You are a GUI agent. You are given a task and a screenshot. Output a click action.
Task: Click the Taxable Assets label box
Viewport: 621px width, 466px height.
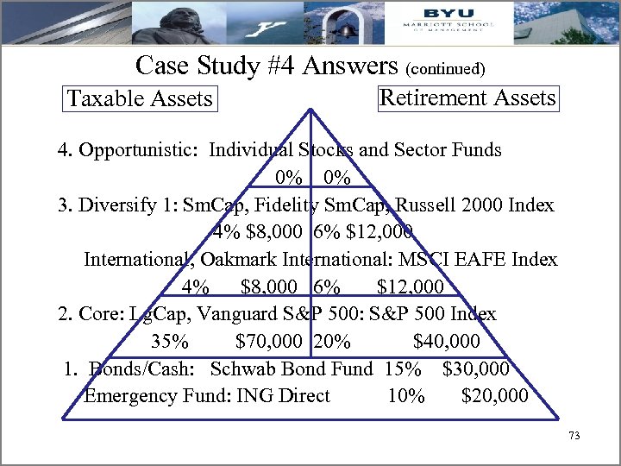click(x=140, y=98)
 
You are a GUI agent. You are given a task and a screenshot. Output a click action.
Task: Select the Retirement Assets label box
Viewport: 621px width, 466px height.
click(x=467, y=98)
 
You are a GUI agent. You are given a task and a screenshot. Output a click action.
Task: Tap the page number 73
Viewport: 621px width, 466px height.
click(x=574, y=437)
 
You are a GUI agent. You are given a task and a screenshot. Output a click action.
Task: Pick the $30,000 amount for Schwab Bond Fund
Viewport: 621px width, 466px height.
click(x=475, y=368)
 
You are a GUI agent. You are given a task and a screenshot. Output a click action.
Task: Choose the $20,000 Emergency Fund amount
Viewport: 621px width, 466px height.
click(x=495, y=396)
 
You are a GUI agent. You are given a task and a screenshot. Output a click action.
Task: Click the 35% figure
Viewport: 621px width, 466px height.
click(x=170, y=341)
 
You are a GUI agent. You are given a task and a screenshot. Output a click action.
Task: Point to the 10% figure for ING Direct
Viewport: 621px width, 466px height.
click(x=406, y=396)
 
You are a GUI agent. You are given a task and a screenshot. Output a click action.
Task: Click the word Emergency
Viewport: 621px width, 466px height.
click(x=131, y=396)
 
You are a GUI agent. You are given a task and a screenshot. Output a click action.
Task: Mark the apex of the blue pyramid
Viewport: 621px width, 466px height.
click(x=310, y=108)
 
